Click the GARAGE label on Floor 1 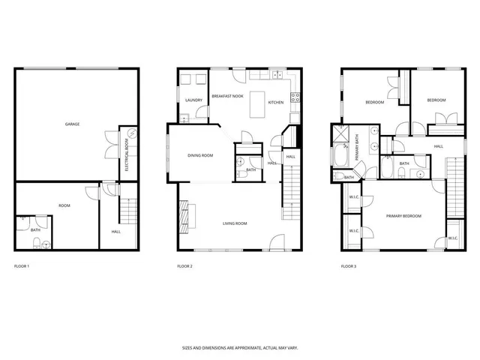pyautogui.click(x=73, y=124)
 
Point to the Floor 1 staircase pyautogui.click(x=128, y=211)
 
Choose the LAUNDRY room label pyautogui.click(x=193, y=100)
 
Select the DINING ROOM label pyautogui.click(x=200, y=155)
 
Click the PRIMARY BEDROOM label pyautogui.click(x=403, y=216)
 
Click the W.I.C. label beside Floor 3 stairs pyautogui.click(x=452, y=238)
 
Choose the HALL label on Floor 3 pyautogui.click(x=437, y=146)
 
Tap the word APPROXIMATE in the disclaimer pyautogui.click(x=236, y=347)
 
